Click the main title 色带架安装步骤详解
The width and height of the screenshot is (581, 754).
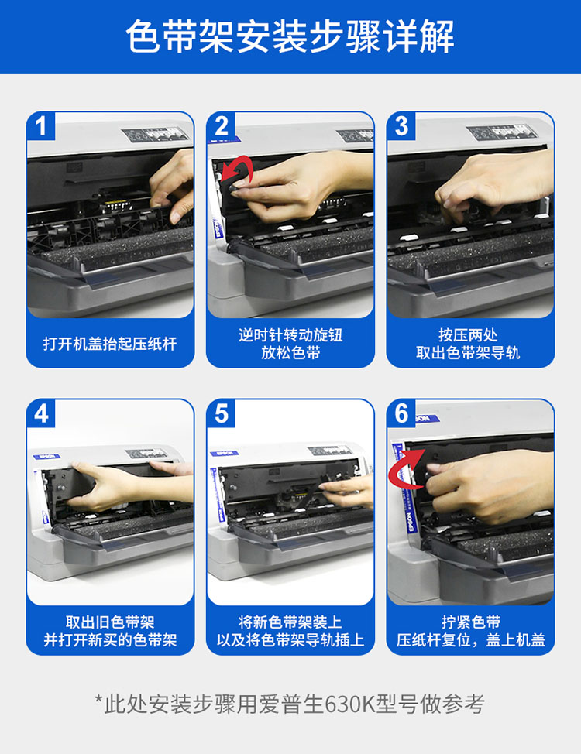[290, 36]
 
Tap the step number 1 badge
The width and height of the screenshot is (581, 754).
[41, 126]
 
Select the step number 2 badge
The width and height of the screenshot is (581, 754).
[222, 126]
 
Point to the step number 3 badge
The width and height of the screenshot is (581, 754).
[401, 126]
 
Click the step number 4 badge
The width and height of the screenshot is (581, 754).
[41, 413]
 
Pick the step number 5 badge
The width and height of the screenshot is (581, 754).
[222, 413]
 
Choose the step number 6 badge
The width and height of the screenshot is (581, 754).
[401, 413]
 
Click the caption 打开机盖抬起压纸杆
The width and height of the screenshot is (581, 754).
[110, 344]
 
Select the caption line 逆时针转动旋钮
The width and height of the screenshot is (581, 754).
[290, 334]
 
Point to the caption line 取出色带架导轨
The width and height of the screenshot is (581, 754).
[468, 352]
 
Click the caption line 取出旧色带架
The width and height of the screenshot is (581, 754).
[110, 622]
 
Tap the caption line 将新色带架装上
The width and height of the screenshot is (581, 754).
[290, 622]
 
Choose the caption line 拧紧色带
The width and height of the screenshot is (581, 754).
[471, 622]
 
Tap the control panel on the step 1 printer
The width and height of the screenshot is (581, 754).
[153, 134]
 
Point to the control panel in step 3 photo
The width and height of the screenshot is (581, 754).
[500, 132]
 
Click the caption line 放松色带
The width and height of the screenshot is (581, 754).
[290, 352]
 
